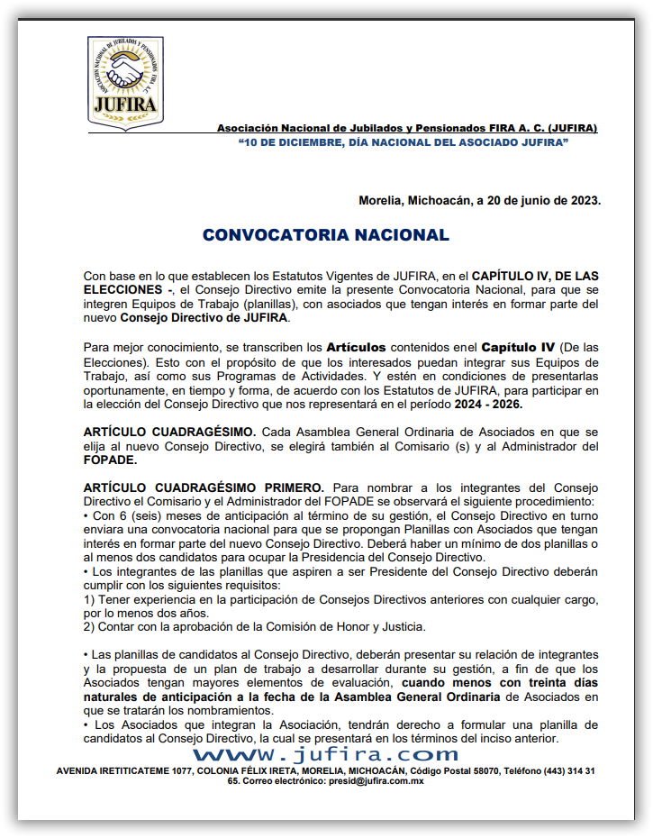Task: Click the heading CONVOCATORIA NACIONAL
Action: [325, 235]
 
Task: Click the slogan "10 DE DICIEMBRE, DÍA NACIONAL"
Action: [403, 143]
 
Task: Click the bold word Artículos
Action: [356, 347]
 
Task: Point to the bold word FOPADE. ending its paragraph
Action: [110, 460]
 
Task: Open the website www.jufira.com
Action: [325, 753]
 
